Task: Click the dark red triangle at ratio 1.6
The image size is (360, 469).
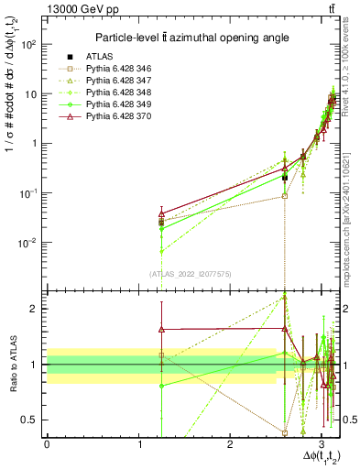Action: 161,329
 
